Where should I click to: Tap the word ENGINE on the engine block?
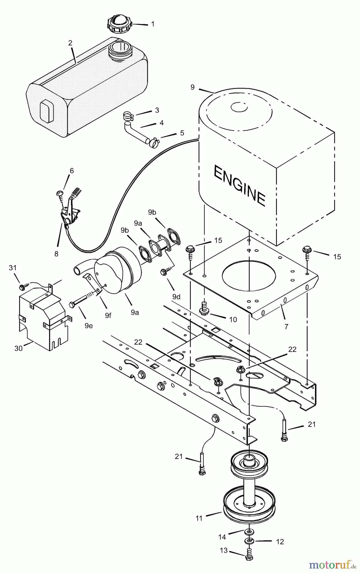tap(239, 185)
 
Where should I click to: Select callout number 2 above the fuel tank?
tap(70, 43)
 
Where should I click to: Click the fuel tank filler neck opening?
tap(119, 48)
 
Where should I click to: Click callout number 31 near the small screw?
tap(12, 268)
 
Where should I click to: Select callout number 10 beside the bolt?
tap(233, 320)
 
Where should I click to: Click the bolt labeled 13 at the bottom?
tap(249, 556)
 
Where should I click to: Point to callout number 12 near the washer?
tap(280, 541)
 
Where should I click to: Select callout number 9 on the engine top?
tap(192, 87)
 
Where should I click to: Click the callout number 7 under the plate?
tap(286, 326)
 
